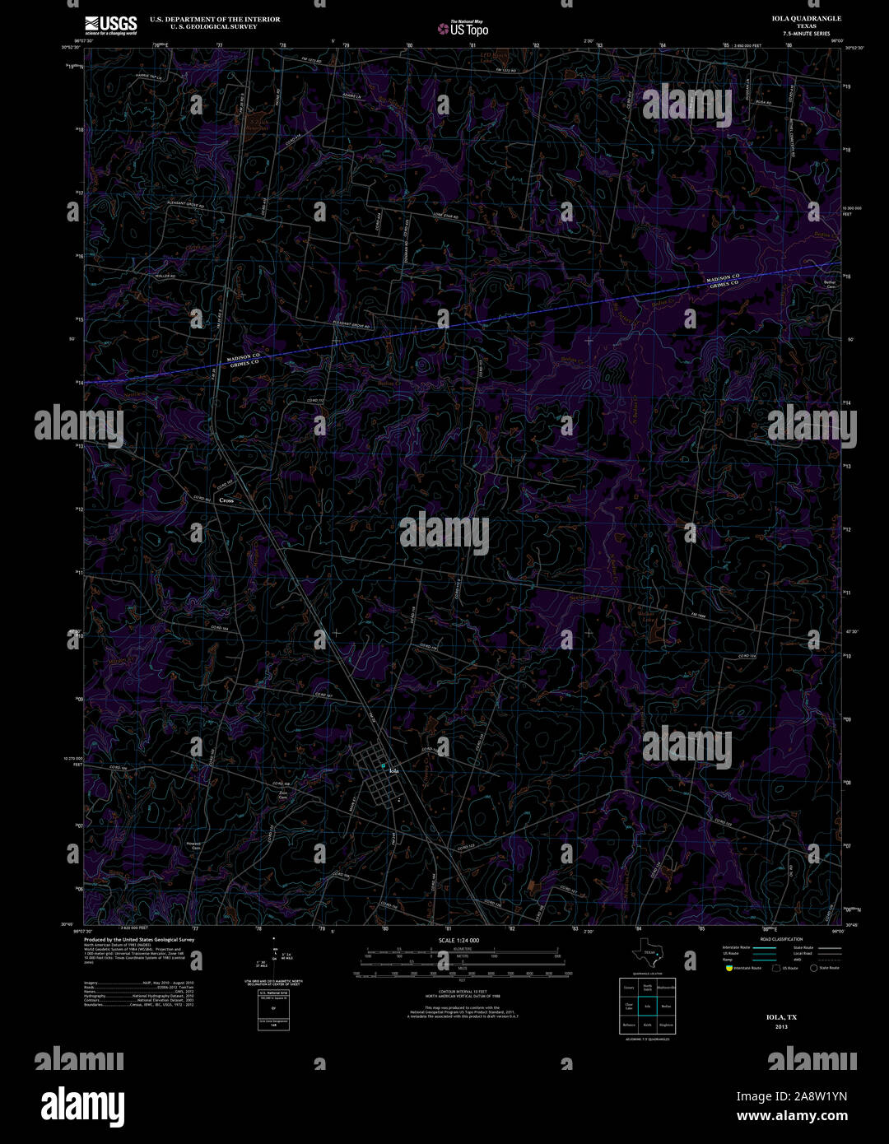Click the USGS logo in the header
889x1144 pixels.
tap(110, 25)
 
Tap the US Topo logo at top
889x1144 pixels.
tap(463, 29)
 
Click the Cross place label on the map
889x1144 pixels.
tap(226, 500)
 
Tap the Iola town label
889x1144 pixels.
tap(393, 770)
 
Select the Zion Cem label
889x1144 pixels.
tap(282, 793)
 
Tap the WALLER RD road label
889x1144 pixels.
tap(165, 277)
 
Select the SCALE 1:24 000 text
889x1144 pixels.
tap(458, 940)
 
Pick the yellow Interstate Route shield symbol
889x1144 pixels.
tap(728, 968)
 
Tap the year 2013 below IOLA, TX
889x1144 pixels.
tap(780, 1027)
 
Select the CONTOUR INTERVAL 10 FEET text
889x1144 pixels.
tap(458, 991)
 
